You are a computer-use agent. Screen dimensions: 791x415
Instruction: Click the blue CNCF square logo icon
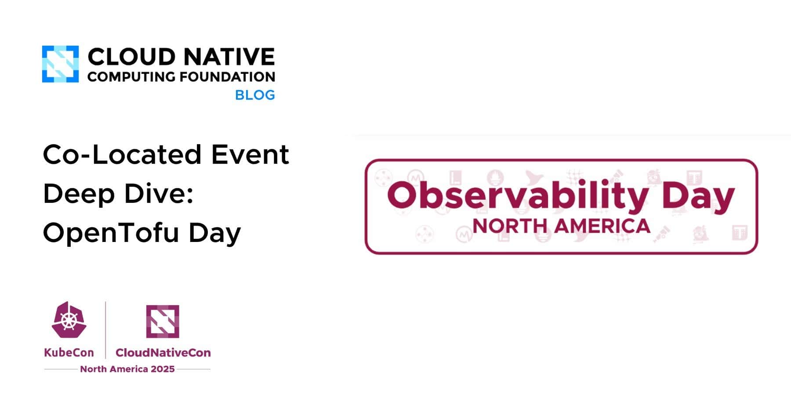point(60,64)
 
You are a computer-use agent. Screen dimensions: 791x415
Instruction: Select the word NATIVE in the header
point(229,57)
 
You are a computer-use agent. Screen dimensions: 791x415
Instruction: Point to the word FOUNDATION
point(228,77)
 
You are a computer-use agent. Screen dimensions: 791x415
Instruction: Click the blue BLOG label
point(255,95)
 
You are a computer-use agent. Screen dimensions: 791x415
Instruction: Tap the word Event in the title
point(250,155)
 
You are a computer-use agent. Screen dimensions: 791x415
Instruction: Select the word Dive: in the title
point(159,193)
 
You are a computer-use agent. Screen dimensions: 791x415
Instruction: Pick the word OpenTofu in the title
point(111,232)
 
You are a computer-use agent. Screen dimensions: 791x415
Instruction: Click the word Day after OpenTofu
point(214,233)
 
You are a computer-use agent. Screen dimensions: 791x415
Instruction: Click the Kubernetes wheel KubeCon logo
point(69,320)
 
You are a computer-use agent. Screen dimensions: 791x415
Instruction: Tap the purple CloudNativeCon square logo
point(163,321)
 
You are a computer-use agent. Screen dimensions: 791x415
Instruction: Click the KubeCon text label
point(69,353)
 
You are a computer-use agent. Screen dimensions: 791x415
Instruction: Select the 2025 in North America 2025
point(163,369)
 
